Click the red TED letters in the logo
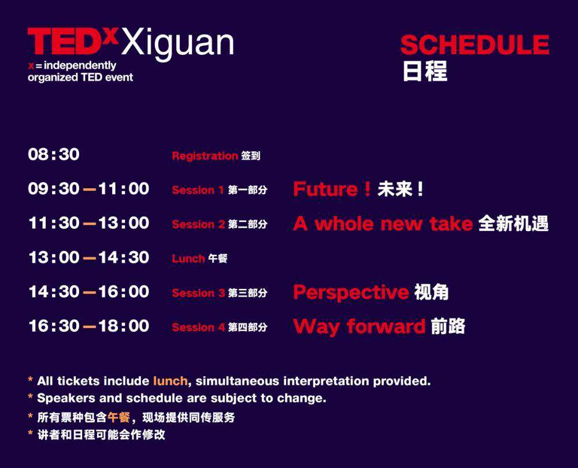[65, 40]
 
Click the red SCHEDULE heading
[475, 44]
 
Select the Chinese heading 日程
[425, 70]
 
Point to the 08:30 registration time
[54, 154]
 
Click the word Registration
[205, 156]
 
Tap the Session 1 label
[198, 190]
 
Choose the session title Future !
[332, 189]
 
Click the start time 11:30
[54, 223]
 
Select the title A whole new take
[383, 224]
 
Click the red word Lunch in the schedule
[188, 259]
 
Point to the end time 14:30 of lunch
[124, 257]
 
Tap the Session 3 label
[198, 293]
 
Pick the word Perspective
[351, 293]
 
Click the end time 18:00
[124, 326]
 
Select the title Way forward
[360, 327]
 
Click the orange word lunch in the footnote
[171, 381]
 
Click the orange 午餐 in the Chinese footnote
[118, 417]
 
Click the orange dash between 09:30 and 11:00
[89, 190]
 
